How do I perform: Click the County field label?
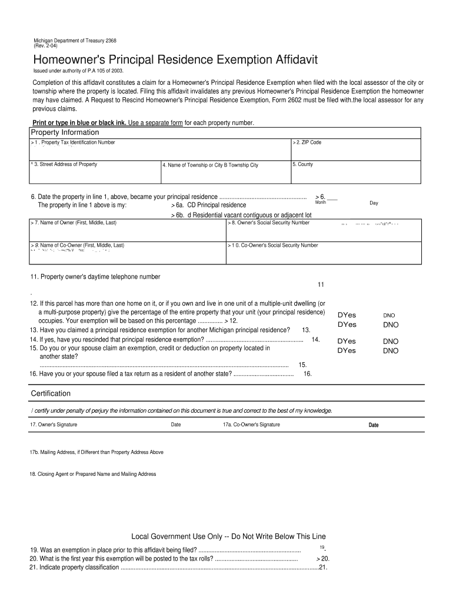pyautogui.click(x=304, y=164)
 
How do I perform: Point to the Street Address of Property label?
pyautogui.click(x=65, y=164)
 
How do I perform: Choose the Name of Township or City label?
pyautogui.click(x=211, y=165)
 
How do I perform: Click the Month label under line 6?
pyautogui.click(x=321, y=203)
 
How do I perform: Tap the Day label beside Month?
pyautogui.click(x=374, y=203)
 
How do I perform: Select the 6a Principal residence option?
pyautogui.click(x=208, y=206)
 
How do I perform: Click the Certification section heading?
pyautogui.click(x=51, y=393)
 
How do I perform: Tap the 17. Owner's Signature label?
pyautogui.click(x=54, y=425)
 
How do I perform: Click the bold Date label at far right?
pyautogui.click(x=374, y=425)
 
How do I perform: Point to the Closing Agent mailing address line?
pyautogui.click(x=93, y=474)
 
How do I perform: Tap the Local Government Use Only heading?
pyautogui.click(x=228, y=536)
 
